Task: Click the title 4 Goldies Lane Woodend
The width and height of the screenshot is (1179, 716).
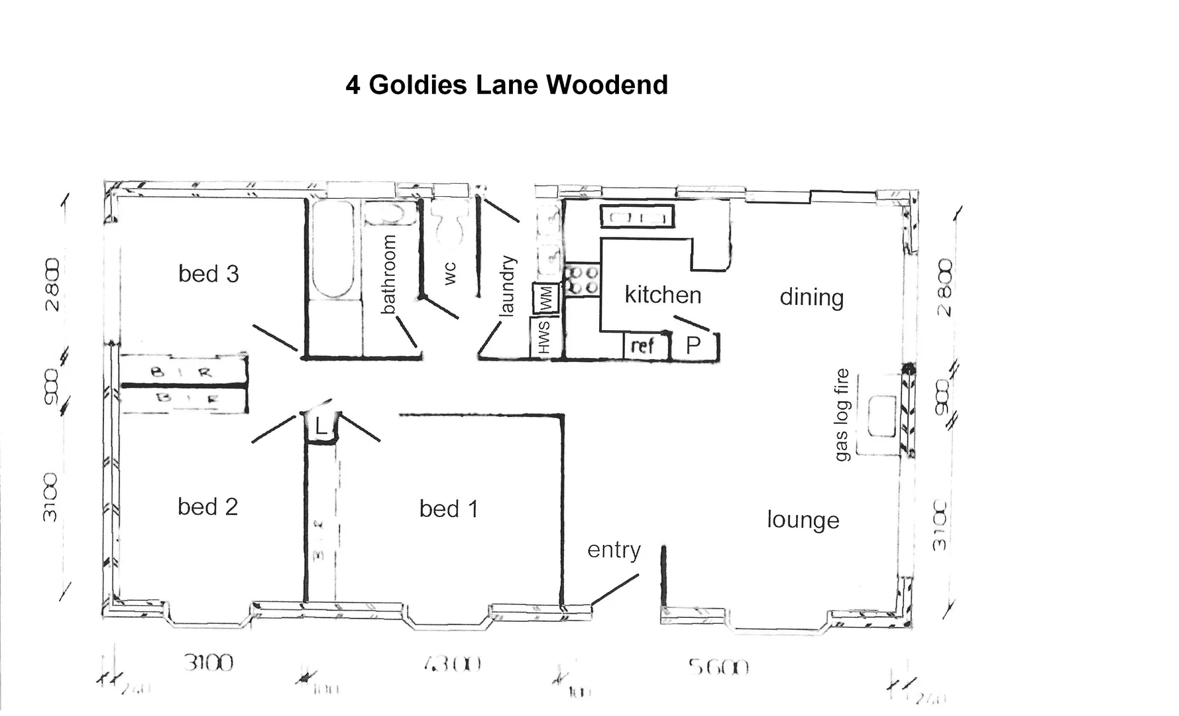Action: [x=506, y=85]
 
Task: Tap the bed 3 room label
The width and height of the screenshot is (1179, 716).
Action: [x=208, y=274]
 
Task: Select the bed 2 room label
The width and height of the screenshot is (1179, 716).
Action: [x=207, y=507]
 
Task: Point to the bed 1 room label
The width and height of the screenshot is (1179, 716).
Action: [x=449, y=508]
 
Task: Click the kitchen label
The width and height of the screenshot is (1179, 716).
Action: [x=663, y=294]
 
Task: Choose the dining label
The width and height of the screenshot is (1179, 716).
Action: [x=811, y=297]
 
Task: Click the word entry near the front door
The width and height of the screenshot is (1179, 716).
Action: [x=614, y=550]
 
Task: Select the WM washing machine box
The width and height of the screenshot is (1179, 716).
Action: [x=546, y=298]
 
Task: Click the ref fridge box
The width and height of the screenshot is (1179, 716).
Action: [x=643, y=345]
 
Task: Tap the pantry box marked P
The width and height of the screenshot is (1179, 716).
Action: [x=693, y=345]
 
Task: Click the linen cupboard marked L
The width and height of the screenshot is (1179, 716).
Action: [x=321, y=427]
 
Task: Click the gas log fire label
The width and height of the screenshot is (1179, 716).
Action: [x=842, y=414]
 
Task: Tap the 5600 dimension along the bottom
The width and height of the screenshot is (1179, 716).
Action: [x=718, y=666]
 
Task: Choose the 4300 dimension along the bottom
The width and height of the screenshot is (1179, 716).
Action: [x=451, y=664]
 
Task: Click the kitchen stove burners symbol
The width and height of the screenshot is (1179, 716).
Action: [x=582, y=280]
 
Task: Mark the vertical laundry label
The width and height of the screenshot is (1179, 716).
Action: [x=507, y=286]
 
